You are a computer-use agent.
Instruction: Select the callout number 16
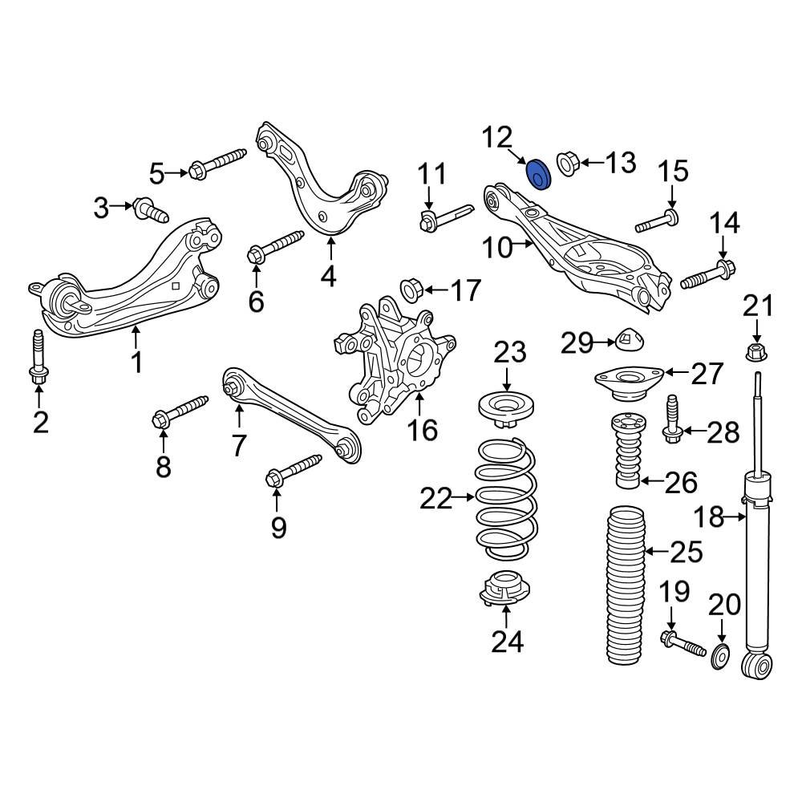coord(422,430)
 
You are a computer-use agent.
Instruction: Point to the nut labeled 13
coord(568,164)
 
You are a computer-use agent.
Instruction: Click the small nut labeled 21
coord(755,350)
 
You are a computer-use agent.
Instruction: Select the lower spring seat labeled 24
coord(505,589)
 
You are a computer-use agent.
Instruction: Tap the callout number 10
coord(498,248)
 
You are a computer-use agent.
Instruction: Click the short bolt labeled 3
coord(150,210)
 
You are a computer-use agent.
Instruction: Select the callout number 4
coord(328,277)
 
